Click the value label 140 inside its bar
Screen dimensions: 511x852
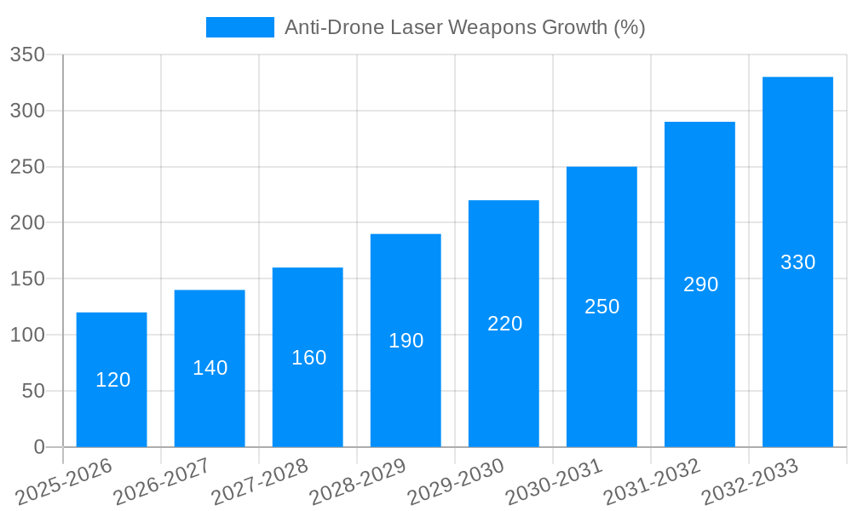pyautogui.click(x=210, y=368)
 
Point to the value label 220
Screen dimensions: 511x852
pyautogui.click(x=504, y=324)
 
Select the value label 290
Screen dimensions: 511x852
pyautogui.click(x=700, y=284)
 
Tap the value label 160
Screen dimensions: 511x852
pyautogui.click(x=308, y=358)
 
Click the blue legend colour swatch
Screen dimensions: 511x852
pyautogui.click(x=240, y=27)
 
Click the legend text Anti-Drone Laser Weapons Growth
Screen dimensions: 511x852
pyautogui.click(x=464, y=27)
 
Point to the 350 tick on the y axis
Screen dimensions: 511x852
pyautogui.click(x=27, y=55)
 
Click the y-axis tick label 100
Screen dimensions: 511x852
pyautogui.click(x=27, y=335)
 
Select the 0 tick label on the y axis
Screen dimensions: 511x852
pyautogui.click(x=38, y=447)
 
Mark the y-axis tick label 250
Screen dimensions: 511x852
pyautogui.click(x=27, y=167)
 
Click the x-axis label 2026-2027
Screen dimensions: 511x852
pyautogui.click(x=162, y=482)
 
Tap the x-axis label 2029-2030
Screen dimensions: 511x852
pyautogui.click(x=456, y=482)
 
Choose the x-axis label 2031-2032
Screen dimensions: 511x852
pyautogui.click(x=652, y=482)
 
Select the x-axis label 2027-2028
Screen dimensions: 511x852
pyautogui.click(x=260, y=482)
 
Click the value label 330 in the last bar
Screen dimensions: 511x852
pyautogui.click(x=797, y=262)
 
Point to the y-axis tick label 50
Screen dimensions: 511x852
pyautogui.click(x=32, y=391)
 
